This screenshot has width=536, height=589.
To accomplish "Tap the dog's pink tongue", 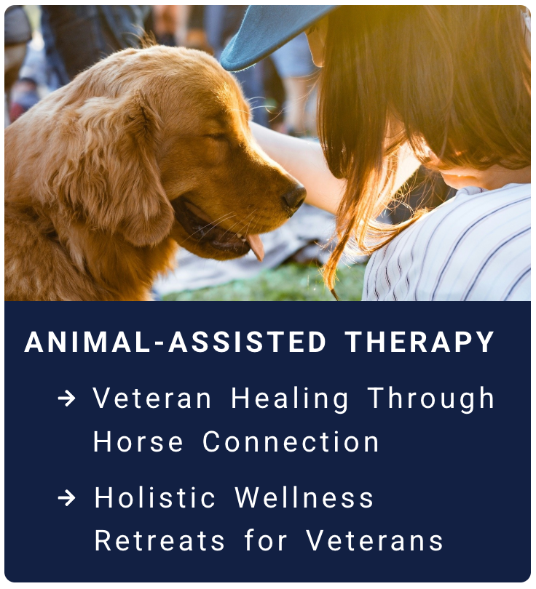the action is [256, 246].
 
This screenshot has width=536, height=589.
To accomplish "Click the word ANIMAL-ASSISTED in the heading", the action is [176, 342].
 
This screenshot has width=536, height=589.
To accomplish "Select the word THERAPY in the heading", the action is [419, 342].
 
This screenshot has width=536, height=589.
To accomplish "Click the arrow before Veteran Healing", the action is [66, 398].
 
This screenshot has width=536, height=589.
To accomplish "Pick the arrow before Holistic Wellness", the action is [66, 498].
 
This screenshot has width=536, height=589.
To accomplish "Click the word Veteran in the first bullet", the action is [152, 398].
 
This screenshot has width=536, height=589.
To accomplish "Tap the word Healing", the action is [290, 400].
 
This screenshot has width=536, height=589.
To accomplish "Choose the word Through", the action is [431, 400].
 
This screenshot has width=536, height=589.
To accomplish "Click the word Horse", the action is [138, 442].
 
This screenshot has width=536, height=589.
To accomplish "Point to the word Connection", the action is [291, 442].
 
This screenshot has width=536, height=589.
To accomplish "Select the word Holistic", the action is [154, 497].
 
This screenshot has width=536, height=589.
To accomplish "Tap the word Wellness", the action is [304, 497].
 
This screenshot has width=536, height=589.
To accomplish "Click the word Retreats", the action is [159, 541].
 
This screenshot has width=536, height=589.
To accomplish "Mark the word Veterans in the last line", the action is [374, 541].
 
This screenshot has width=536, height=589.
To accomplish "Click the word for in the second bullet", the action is [266, 540].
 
